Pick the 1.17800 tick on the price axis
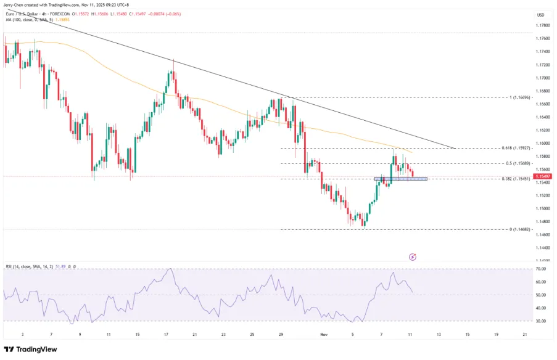click(543, 25)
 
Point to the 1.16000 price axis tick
click(543, 144)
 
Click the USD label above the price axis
click(540, 15)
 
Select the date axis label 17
click(166, 335)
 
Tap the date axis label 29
click(281, 335)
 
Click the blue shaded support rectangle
click(400, 179)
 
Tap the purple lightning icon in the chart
click(413, 256)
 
